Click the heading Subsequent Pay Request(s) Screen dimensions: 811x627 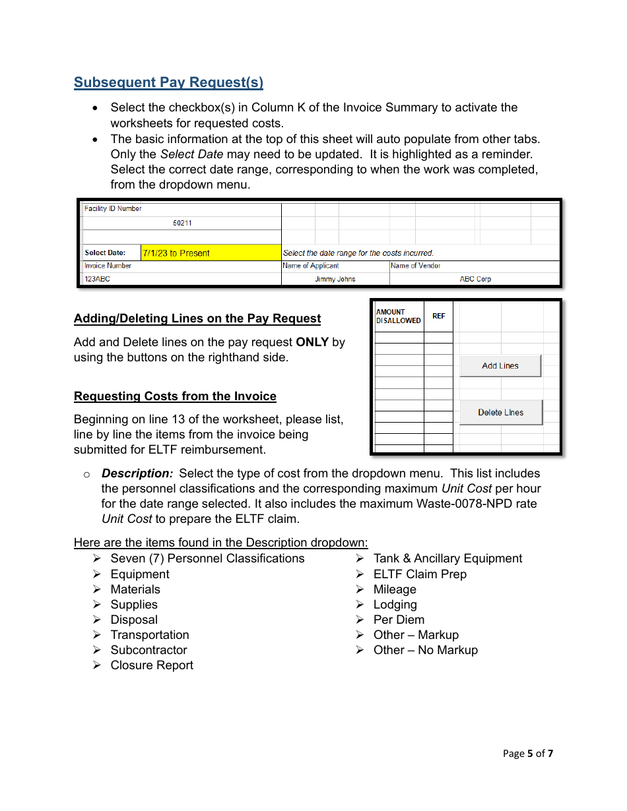168,82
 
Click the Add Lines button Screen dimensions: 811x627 500,366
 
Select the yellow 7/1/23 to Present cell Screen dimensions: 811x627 211,253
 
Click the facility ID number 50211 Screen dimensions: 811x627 182,224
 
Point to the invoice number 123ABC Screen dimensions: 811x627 97,280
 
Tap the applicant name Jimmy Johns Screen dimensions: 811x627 335,280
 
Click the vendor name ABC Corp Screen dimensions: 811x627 475,280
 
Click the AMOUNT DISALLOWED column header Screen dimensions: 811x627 398,316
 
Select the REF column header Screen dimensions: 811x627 439,316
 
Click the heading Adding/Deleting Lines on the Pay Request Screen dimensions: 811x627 197,318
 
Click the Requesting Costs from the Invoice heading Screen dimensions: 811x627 175,396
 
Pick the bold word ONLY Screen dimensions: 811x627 312,342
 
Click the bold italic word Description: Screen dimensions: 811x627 137,473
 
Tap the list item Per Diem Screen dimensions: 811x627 399,620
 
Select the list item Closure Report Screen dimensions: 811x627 152,665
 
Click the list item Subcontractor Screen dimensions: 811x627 148,650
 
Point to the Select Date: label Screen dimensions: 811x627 105,253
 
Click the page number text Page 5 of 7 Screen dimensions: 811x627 527,754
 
